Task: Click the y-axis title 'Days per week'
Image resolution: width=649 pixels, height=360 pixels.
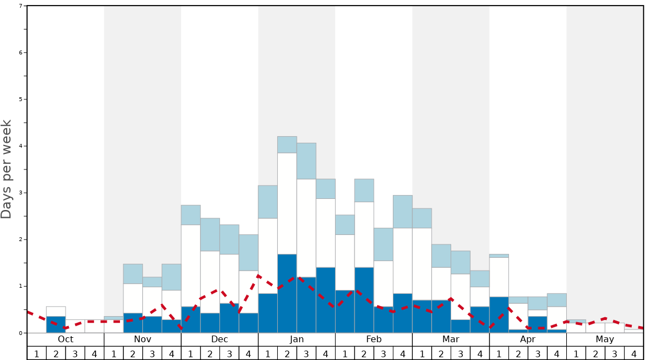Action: [x=7, y=169]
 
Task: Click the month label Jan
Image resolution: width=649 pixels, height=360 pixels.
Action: [x=297, y=339]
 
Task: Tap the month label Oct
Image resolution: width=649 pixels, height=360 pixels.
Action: [x=66, y=339]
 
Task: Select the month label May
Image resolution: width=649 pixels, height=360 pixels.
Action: [x=605, y=339]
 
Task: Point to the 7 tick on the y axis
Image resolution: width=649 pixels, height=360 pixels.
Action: [x=21, y=6]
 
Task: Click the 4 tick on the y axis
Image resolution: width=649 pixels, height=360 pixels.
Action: [x=21, y=146]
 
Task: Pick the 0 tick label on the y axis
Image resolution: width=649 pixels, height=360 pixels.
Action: [x=21, y=333]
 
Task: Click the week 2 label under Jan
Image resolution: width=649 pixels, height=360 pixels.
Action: [x=287, y=353]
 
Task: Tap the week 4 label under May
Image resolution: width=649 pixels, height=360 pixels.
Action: [x=634, y=353]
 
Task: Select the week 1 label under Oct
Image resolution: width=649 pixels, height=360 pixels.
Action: [x=37, y=353]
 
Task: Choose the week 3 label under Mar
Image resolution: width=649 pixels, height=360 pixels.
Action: [x=461, y=353]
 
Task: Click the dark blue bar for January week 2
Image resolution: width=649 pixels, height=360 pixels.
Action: [x=287, y=293]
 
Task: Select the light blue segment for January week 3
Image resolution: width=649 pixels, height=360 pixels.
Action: [x=306, y=161]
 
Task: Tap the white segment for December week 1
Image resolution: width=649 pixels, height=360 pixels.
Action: [x=191, y=266]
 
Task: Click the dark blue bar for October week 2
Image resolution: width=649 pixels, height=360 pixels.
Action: [x=56, y=324]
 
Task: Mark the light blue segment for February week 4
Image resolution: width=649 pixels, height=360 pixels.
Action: [x=403, y=212]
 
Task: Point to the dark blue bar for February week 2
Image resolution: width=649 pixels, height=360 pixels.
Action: [x=364, y=300]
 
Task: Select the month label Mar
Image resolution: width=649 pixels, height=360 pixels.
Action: [x=451, y=339]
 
